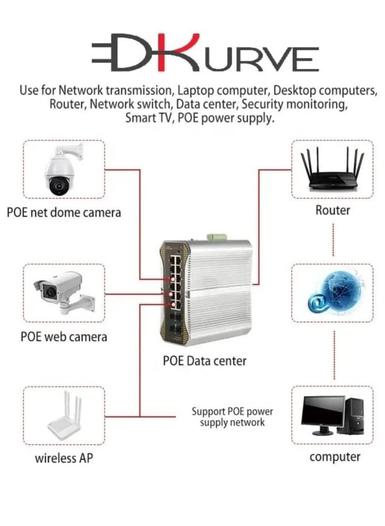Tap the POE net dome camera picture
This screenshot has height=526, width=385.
click(62, 170)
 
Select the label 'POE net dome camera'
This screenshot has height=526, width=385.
click(64, 213)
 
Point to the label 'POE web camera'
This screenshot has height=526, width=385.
click(63, 336)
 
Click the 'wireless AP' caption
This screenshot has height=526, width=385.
click(64, 458)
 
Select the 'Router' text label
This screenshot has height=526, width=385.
click(332, 210)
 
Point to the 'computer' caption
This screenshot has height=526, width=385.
click(335, 457)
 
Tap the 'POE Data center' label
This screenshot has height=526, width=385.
click(205, 362)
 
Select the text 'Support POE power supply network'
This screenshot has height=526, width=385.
click(232, 417)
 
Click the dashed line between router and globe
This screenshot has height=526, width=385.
click(332, 240)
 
